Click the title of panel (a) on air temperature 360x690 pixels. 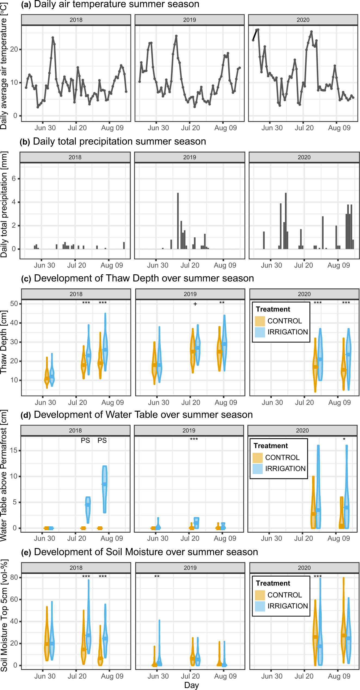coord(110,4)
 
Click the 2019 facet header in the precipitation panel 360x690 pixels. coord(190,157)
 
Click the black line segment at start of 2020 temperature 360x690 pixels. coord(255,35)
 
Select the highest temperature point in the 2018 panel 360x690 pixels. coord(53,38)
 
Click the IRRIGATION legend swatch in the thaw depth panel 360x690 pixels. coord(260,332)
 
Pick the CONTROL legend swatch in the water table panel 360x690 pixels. coord(257,458)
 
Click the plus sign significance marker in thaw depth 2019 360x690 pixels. coord(195,304)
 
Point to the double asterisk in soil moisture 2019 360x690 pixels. coord(157,577)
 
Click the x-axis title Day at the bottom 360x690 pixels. coord(191,685)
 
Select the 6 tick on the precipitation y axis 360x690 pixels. coord(14,179)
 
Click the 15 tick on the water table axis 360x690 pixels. coord(14,450)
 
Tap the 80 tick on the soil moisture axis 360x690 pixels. coord(14,577)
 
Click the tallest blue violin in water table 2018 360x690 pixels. coord(105,489)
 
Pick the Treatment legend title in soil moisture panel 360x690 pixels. coord(273,583)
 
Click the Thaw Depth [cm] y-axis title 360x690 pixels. coord(4,343)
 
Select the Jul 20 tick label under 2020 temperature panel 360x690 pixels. coord(304,128)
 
